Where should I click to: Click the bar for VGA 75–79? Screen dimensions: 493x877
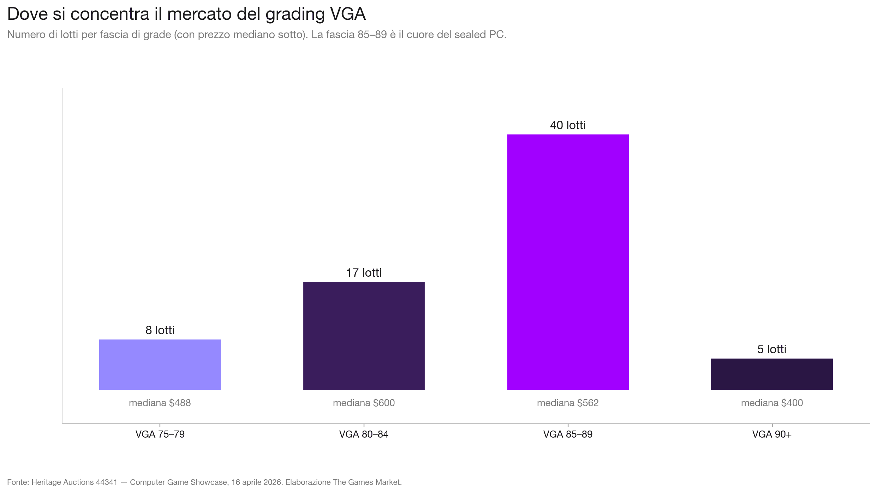(x=160, y=365)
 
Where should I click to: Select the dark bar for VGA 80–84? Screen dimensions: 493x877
(x=364, y=336)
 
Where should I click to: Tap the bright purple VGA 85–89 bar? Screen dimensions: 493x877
(x=568, y=262)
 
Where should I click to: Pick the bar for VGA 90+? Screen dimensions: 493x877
(x=772, y=374)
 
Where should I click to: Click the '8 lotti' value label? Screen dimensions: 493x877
(x=160, y=330)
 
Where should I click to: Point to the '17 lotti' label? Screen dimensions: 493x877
(x=364, y=273)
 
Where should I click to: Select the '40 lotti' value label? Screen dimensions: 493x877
(x=568, y=125)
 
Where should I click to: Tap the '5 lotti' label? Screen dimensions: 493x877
(x=772, y=349)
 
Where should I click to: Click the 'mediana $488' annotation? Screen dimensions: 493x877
(x=160, y=403)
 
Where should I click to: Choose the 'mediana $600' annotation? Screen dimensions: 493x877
(x=364, y=403)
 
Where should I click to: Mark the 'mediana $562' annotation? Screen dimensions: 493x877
(x=568, y=403)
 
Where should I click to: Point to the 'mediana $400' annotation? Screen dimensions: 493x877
(x=772, y=403)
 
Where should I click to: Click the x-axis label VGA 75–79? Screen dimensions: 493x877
(x=160, y=434)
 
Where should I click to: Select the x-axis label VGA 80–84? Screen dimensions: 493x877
(x=364, y=434)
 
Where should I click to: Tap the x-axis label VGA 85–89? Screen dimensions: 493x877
(x=568, y=434)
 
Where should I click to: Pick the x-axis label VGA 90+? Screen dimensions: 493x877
(x=772, y=434)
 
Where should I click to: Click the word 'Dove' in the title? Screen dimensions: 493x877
(x=27, y=14)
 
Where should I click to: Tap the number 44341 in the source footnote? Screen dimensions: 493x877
(x=106, y=482)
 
